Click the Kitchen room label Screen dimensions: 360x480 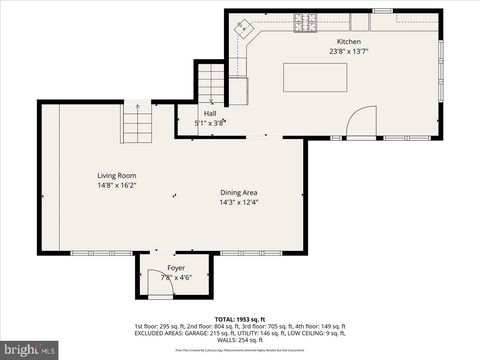click(335, 41)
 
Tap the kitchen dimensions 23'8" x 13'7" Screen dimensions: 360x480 click(335, 51)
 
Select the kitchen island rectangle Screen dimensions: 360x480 click(315, 77)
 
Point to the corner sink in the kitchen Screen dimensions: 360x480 click(243, 29)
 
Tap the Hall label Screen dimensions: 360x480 click(210, 114)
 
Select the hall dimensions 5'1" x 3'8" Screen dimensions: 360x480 click(210, 123)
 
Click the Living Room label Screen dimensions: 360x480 click(116, 175)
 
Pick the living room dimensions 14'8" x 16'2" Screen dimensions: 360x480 click(116, 185)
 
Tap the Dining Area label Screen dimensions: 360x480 click(239, 192)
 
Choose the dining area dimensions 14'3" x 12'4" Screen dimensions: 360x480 click(239, 202)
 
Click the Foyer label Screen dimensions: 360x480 click(175, 268)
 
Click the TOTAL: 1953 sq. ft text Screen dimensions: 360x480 click(240, 318)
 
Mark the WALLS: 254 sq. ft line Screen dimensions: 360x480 click(240, 341)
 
